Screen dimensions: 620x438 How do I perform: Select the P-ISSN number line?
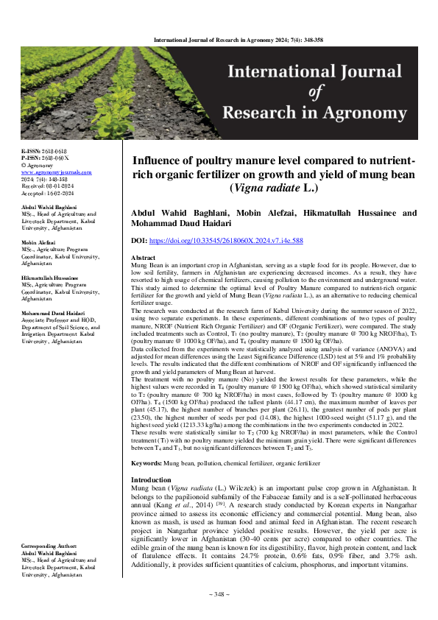45,157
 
